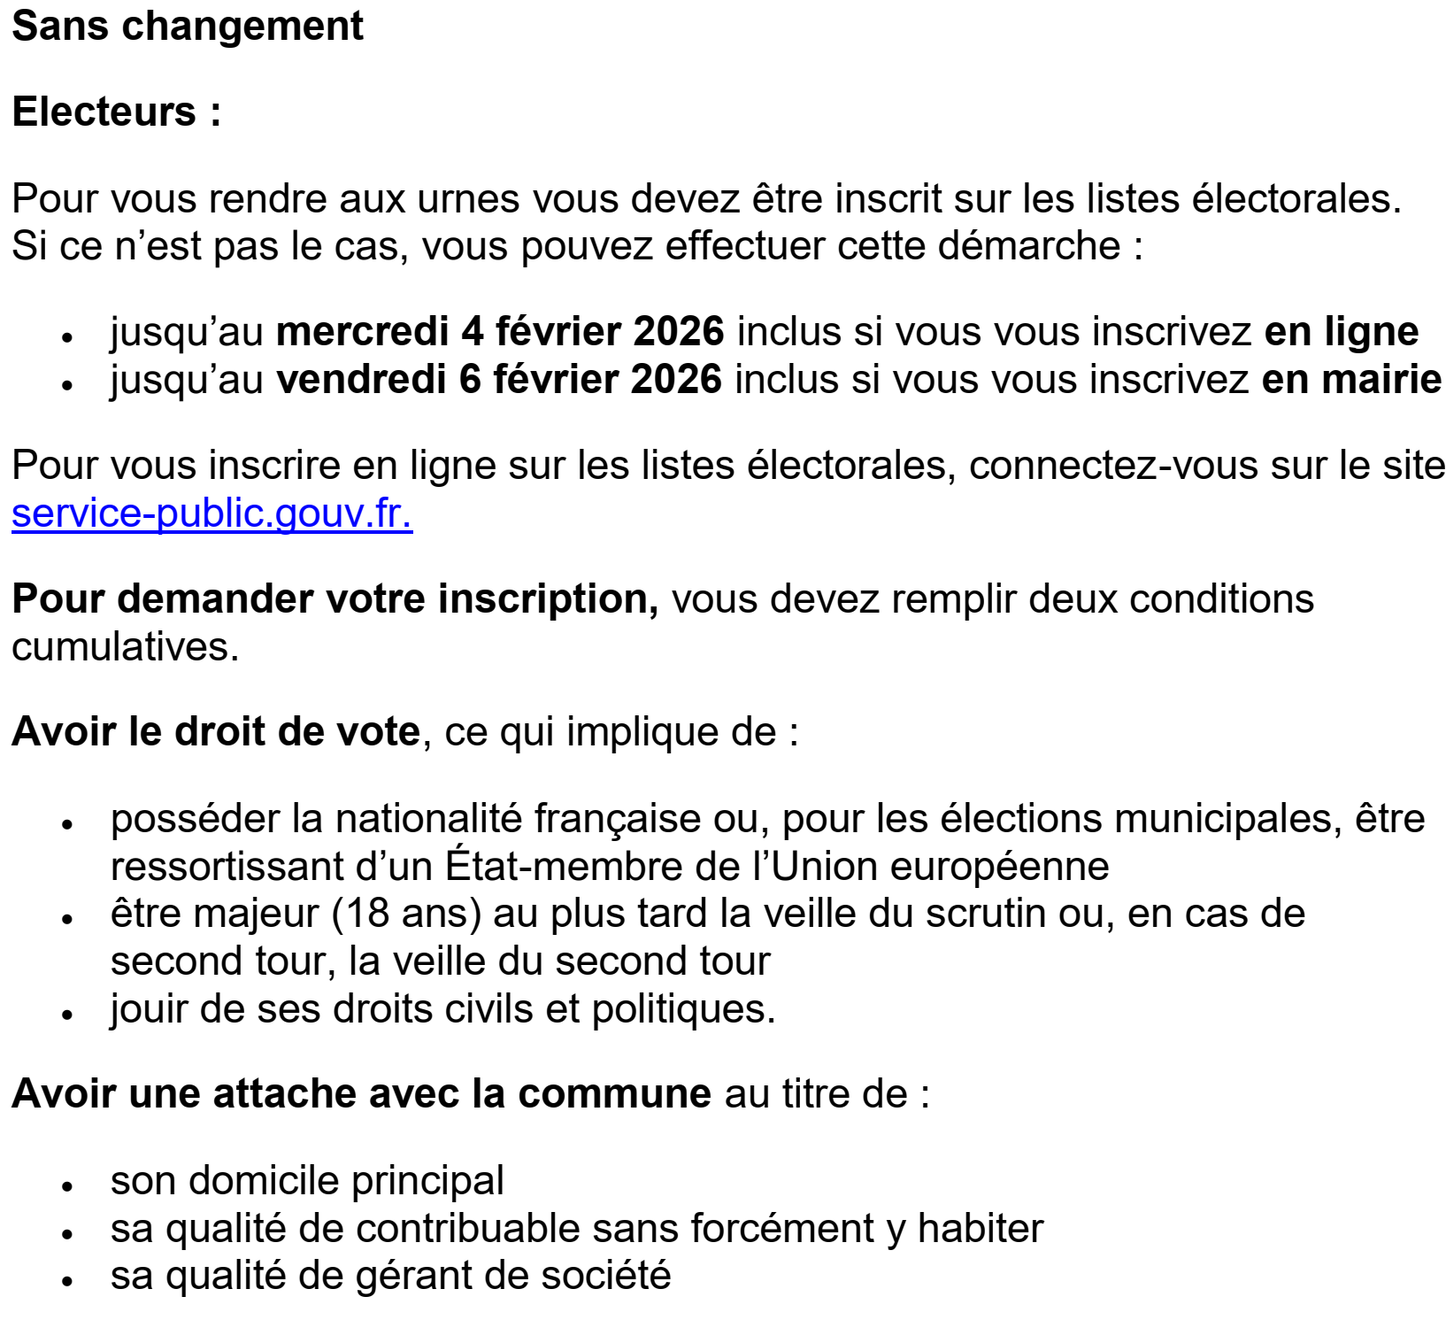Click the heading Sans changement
[x=188, y=27]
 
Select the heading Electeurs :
[x=116, y=112]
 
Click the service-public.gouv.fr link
[x=212, y=513]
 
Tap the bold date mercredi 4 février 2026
[x=500, y=332]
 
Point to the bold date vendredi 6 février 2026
[x=499, y=380]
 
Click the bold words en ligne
[x=1341, y=332]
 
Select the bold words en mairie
[x=1350, y=380]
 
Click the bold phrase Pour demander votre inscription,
[x=335, y=599]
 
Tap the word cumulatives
[x=125, y=647]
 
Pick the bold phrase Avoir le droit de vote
[x=215, y=732]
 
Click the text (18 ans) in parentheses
[x=406, y=914]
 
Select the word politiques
[x=682, y=1009]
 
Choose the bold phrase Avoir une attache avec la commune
[x=361, y=1094]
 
